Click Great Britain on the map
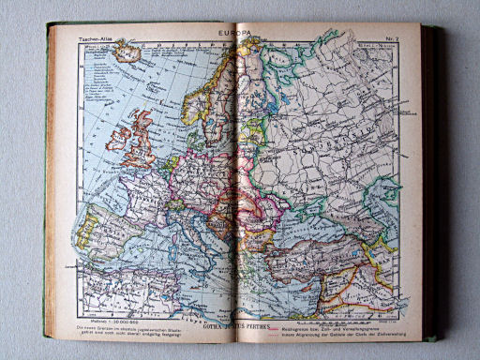(140, 136)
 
